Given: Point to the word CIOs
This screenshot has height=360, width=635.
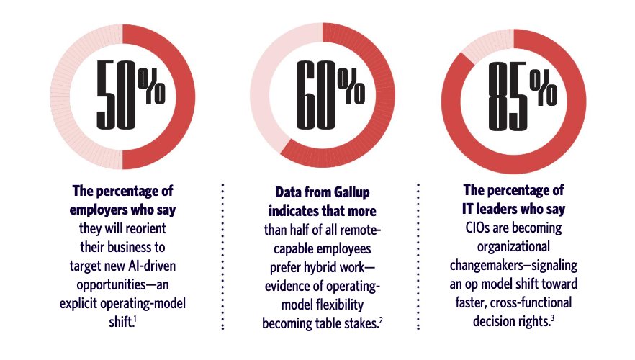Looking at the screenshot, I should coord(482,228).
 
